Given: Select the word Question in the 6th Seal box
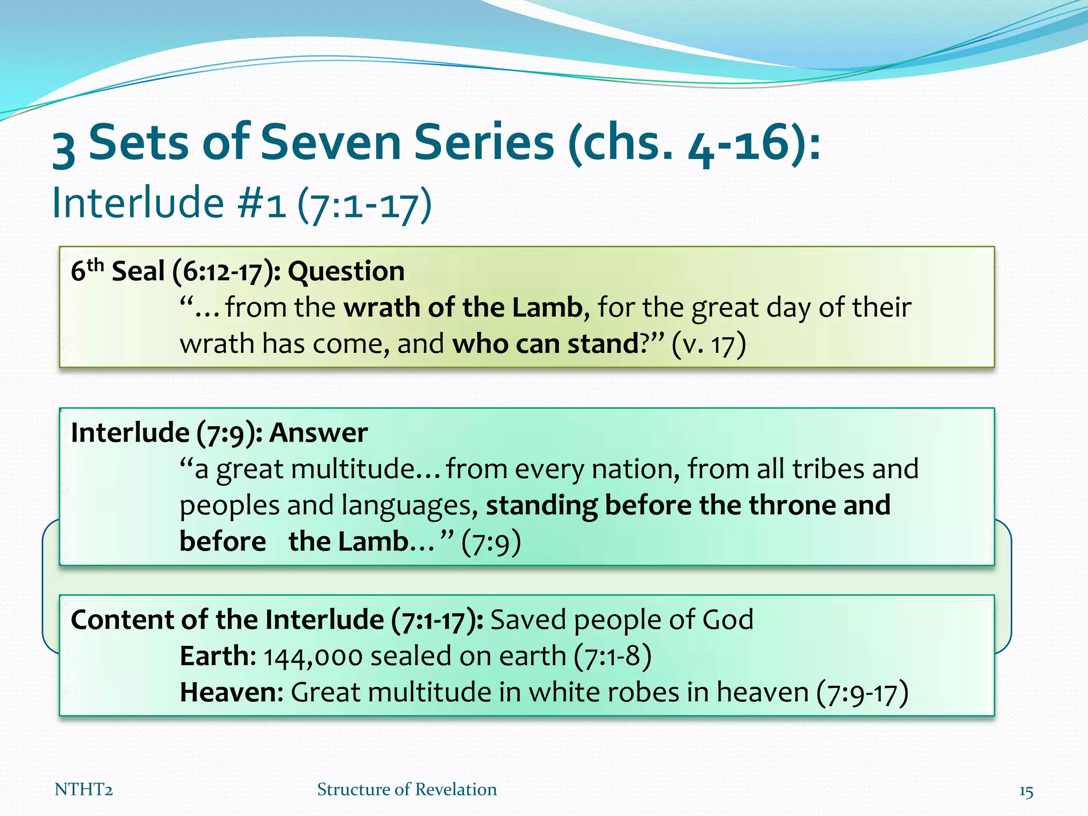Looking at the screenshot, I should tap(346, 271).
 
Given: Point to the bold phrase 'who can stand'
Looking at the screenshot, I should tap(546, 344).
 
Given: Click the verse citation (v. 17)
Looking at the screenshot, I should tap(709, 344).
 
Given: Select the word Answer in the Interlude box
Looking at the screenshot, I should tap(318, 433).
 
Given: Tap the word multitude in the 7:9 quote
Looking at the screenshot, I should tap(352, 469).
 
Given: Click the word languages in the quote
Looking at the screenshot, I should tap(406, 506).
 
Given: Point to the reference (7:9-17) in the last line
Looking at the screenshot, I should tap(862, 693).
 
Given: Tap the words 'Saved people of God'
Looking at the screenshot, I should tap(622, 620).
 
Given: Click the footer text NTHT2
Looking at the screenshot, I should tap(83, 790).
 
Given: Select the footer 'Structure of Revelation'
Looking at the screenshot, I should tap(407, 790).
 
